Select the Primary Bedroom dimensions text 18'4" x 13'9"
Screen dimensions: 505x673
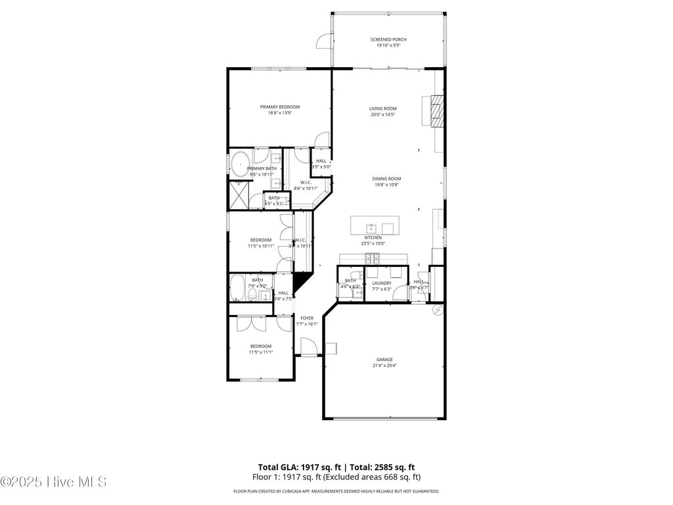click(279, 113)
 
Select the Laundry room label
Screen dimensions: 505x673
click(382, 283)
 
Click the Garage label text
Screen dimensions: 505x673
click(384, 360)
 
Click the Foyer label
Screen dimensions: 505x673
click(307, 318)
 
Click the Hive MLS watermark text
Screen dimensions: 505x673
click(54, 482)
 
